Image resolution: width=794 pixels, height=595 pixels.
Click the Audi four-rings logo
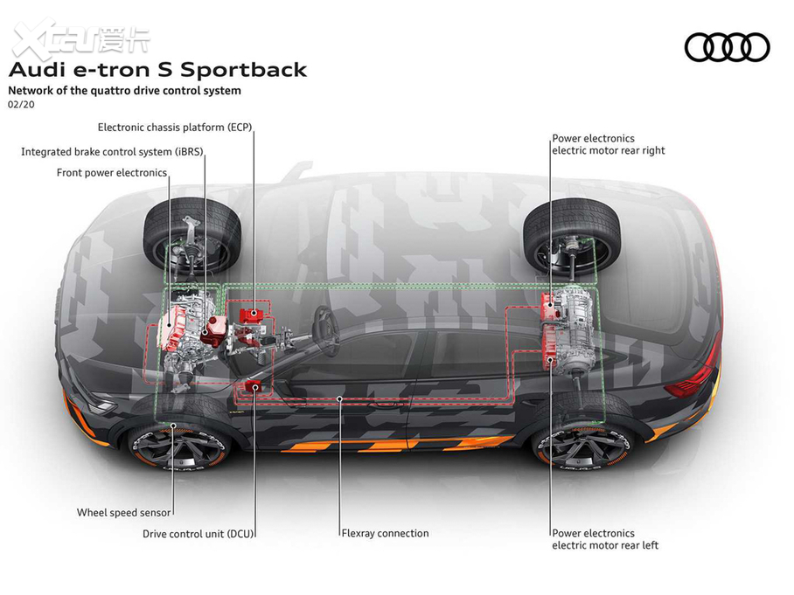pyautogui.click(x=727, y=46)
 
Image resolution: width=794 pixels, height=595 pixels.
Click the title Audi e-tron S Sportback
pyautogui.click(x=157, y=70)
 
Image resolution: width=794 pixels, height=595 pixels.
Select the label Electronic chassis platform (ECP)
pyautogui.click(x=175, y=127)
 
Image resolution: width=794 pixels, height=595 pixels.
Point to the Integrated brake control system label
pyautogui.click(x=112, y=151)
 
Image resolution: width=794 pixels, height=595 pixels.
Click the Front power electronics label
pyautogui.click(x=112, y=172)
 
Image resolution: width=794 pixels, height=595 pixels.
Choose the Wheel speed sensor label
pyautogui.click(x=123, y=513)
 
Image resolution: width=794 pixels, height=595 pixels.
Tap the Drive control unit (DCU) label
pyautogui.click(x=199, y=533)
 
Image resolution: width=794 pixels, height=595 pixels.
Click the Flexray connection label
pyautogui.click(x=385, y=533)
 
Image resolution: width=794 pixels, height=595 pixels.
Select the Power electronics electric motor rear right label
pyautogui.click(x=608, y=144)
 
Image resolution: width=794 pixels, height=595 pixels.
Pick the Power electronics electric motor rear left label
pyautogui.click(x=605, y=539)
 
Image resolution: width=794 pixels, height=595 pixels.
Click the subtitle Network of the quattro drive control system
pyautogui.click(x=124, y=90)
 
